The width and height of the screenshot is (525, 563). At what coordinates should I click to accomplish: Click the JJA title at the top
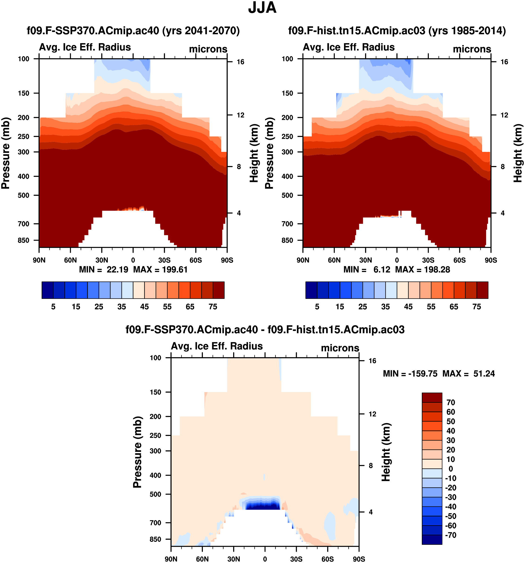(262, 8)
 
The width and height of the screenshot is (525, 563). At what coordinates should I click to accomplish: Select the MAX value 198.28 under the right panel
(437, 270)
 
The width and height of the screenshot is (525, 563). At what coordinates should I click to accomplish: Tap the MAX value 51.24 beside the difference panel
(484, 374)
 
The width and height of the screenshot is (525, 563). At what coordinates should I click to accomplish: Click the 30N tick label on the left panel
(102, 260)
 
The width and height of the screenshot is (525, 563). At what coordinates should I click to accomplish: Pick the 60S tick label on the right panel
(459, 260)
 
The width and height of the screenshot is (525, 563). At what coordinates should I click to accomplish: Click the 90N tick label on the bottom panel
(171, 559)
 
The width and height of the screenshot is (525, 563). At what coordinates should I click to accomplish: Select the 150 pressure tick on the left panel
(24, 93)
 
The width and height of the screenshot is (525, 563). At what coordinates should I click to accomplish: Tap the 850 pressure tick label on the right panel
(287, 240)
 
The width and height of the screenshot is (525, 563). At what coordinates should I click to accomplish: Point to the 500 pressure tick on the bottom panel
(155, 494)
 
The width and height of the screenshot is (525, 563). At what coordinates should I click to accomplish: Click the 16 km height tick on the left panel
(240, 62)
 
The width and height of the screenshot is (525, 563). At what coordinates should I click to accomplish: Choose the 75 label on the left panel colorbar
(213, 307)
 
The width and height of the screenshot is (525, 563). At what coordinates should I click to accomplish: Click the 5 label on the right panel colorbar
(317, 307)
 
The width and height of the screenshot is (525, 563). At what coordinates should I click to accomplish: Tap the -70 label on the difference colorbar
(450, 535)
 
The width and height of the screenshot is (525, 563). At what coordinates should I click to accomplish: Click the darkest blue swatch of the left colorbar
(47, 290)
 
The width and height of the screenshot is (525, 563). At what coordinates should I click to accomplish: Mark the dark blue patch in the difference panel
(262, 505)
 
